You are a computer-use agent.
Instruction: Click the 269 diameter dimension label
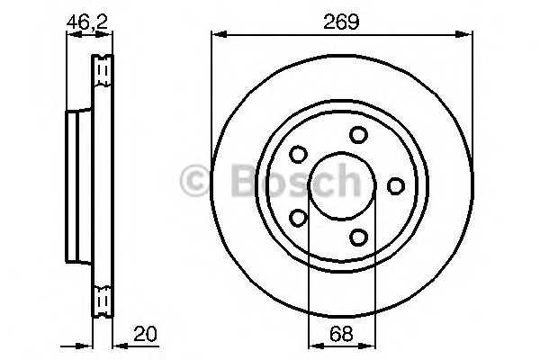tap(341, 22)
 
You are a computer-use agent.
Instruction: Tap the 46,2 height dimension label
tap(87, 22)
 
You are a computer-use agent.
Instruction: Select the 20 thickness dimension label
tap(145, 333)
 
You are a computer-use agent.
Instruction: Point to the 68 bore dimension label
tap(341, 334)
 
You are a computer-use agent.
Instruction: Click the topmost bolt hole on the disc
tap(358, 135)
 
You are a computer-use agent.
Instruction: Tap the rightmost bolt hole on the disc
tap(396, 185)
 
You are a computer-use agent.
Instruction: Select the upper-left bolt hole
tap(298, 154)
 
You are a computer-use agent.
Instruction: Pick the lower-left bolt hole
tap(298, 218)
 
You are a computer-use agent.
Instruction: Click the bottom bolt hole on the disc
tap(358, 237)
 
